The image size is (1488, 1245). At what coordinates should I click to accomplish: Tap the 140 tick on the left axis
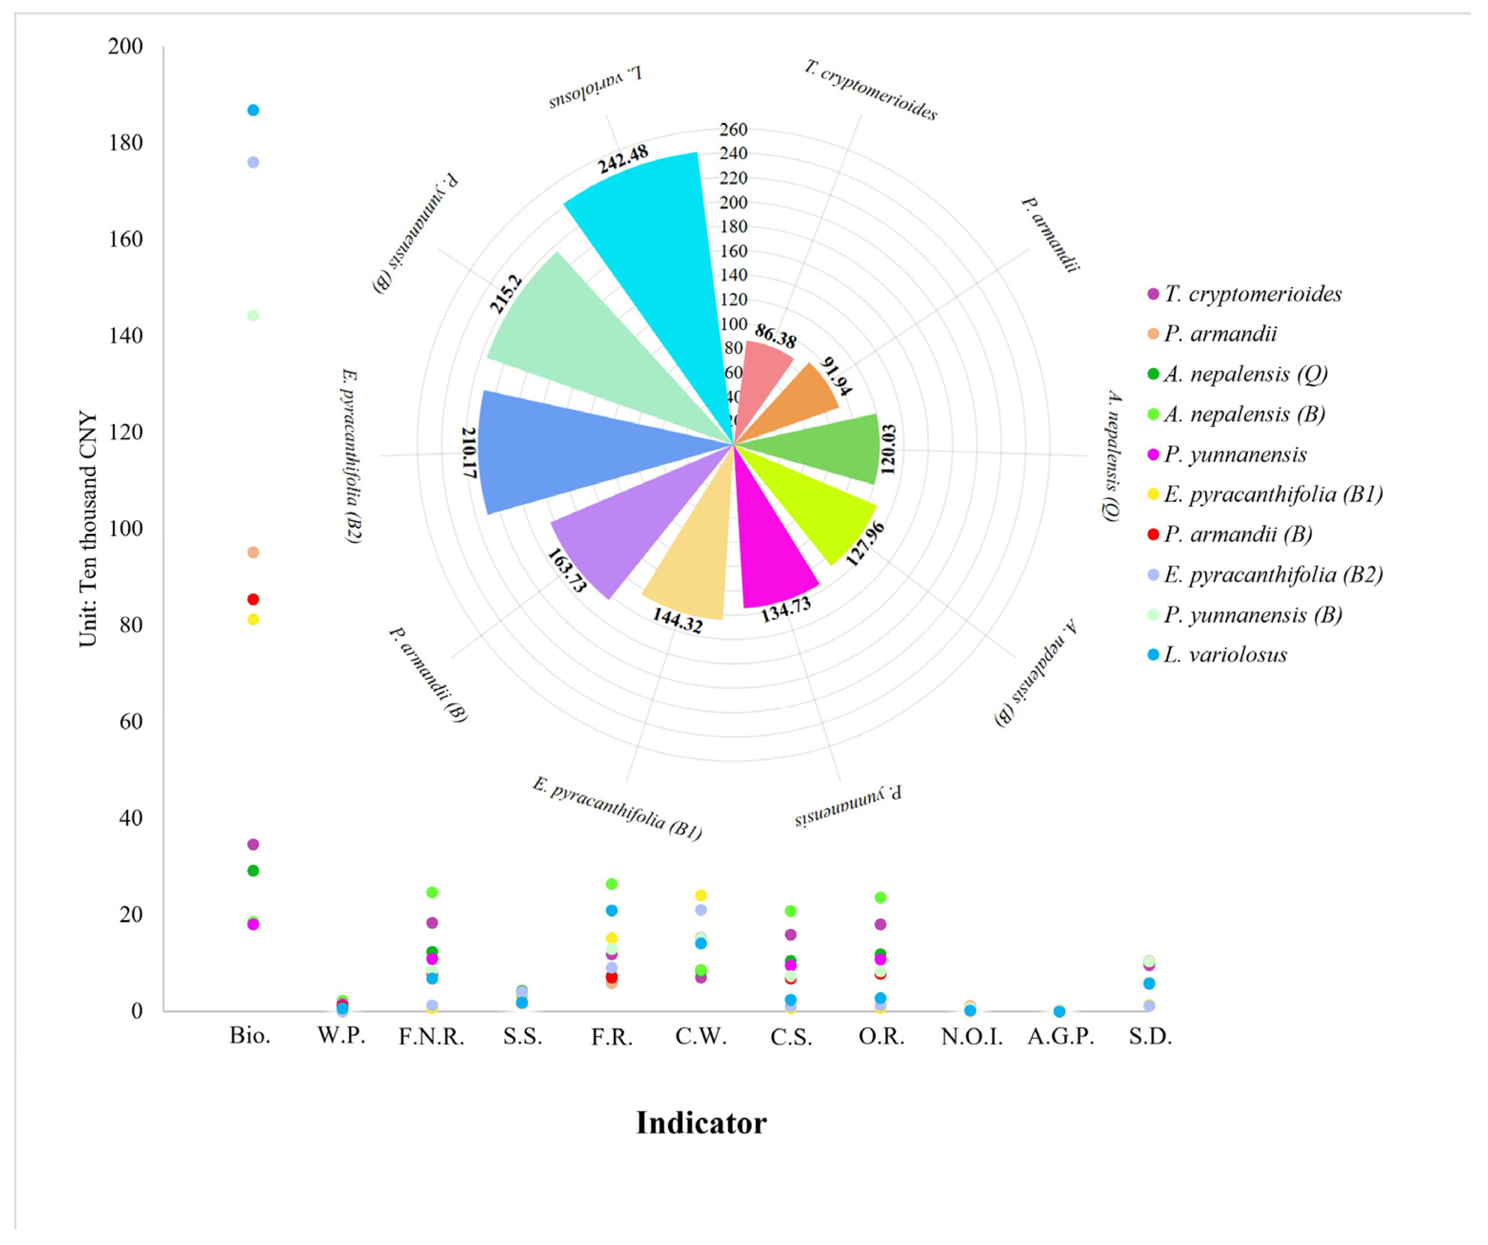pyautogui.click(x=125, y=335)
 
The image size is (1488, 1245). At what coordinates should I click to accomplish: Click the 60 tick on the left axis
pyautogui.click(x=131, y=722)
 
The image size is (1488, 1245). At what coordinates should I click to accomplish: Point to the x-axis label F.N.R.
pyautogui.click(x=431, y=1037)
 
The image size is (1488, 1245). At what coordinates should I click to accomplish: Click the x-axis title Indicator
pyautogui.click(x=701, y=1123)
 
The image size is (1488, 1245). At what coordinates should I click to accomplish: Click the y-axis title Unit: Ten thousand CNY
pyautogui.click(x=88, y=529)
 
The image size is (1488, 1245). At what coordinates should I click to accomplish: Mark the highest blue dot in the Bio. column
pyautogui.click(x=253, y=110)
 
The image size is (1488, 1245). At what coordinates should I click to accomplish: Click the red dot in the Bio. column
pyautogui.click(x=253, y=600)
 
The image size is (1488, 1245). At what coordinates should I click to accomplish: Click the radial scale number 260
pyautogui.click(x=733, y=130)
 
